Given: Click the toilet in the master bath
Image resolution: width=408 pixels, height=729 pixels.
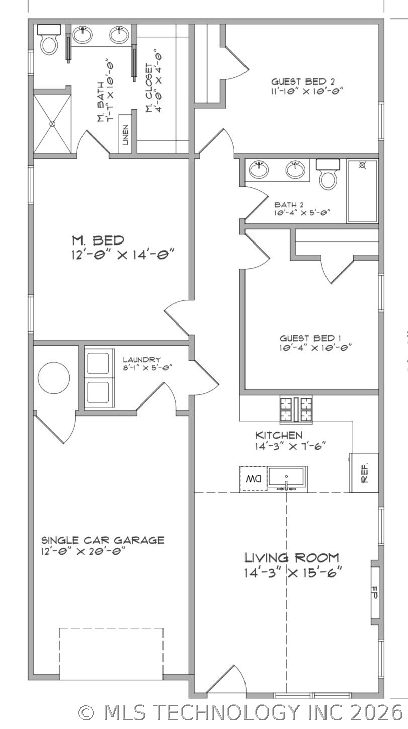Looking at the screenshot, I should (x=49, y=40).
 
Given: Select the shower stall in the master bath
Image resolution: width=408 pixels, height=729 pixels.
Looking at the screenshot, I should (x=52, y=123).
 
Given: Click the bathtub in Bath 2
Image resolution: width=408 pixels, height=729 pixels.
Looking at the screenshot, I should (x=362, y=191).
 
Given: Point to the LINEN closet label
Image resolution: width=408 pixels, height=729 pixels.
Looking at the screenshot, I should (x=126, y=134).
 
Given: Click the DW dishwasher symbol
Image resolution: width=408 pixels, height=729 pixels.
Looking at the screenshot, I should (x=254, y=479).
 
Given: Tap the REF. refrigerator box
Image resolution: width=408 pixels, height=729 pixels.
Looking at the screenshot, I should (x=365, y=472).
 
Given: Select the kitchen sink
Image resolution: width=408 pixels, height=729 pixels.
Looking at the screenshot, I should (x=286, y=477).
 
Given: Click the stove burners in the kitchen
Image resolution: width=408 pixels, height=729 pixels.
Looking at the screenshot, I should (x=296, y=410).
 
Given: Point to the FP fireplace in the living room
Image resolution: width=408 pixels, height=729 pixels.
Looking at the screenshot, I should (x=374, y=592).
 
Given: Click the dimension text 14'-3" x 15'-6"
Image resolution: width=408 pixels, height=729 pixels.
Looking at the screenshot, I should (x=293, y=573).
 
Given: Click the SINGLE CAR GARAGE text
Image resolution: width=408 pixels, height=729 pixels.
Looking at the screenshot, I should (x=103, y=540).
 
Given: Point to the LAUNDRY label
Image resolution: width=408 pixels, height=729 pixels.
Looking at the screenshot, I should (x=142, y=360).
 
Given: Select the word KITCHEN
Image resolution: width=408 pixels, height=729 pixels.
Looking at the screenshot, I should (x=279, y=435).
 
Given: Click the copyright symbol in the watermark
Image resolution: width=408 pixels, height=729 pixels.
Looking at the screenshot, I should (x=87, y=712).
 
